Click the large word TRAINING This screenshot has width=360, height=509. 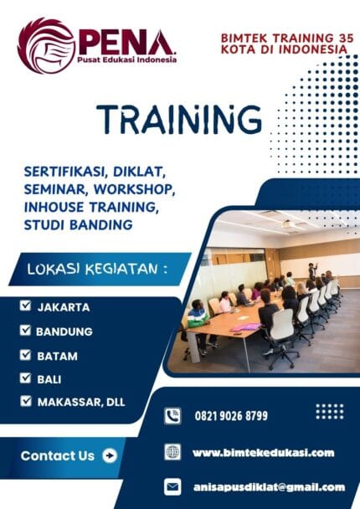point(179,120)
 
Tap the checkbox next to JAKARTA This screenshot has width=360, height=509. point(26,306)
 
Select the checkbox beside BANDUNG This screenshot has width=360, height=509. point(26,331)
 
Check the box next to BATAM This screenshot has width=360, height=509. point(26,355)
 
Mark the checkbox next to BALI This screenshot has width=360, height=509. point(26,378)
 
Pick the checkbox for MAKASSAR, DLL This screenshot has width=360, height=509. point(26,402)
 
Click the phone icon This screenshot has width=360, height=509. point(172,415)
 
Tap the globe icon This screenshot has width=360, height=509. point(172,451)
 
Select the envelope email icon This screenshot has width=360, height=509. point(172,486)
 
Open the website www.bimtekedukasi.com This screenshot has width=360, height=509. point(263,452)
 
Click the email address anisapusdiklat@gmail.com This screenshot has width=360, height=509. point(268,486)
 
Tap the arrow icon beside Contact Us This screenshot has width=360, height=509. point(109,456)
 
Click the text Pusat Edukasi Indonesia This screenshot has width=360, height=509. point(126,59)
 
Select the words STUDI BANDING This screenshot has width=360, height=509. point(80,224)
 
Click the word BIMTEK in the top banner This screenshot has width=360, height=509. point(244,38)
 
